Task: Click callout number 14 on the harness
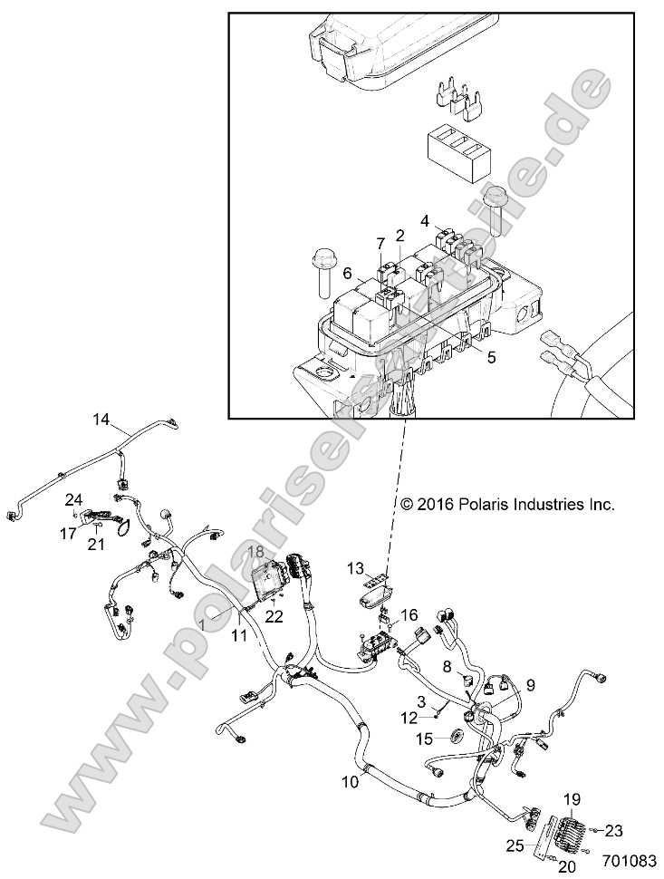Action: (101, 419)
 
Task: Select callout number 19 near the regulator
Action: (572, 798)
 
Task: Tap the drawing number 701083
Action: (630, 858)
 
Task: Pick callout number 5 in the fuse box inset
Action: (492, 357)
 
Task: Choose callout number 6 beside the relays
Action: (347, 273)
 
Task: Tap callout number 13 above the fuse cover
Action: (356, 568)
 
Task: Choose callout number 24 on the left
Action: (73, 498)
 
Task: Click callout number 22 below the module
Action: (274, 616)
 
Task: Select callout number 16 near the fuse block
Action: (409, 614)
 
